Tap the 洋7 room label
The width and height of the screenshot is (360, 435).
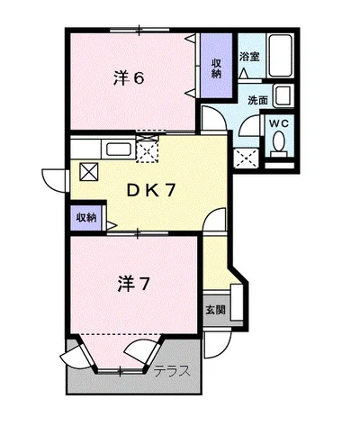coord(132,285)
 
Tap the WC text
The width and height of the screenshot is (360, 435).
coord(278,122)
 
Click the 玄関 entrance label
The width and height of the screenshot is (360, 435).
coord(215,310)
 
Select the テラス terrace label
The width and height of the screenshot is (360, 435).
coord(171,370)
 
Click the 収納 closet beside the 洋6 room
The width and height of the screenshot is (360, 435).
coord(217,68)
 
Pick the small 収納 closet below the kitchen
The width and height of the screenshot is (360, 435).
coord(85,217)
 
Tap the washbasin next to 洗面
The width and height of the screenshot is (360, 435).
coord(283,95)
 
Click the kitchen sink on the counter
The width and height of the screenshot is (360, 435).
coord(119,149)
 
